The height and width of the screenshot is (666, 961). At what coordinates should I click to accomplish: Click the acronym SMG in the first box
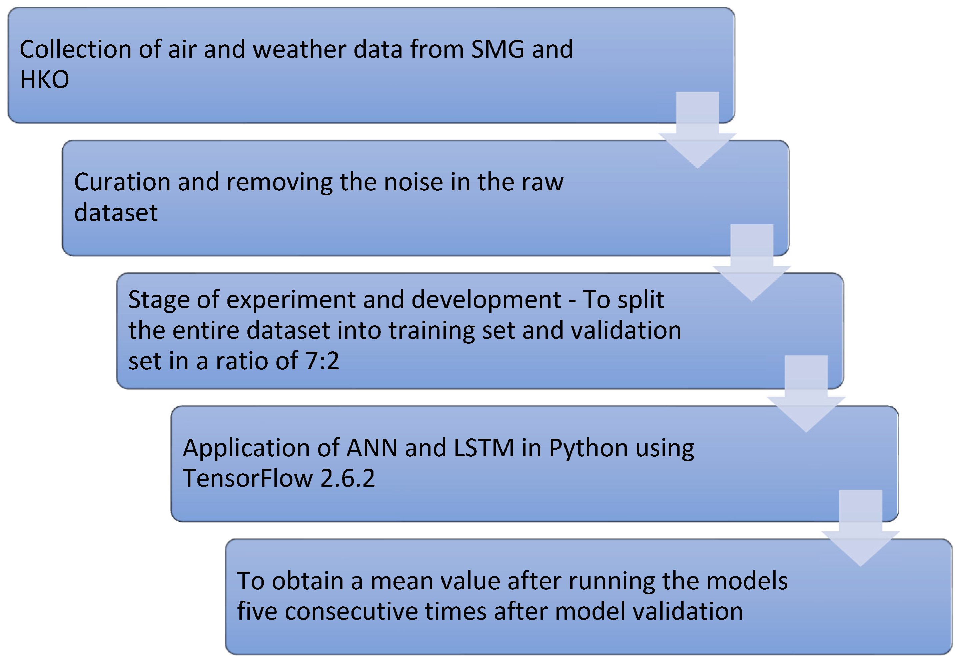[x=498, y=49]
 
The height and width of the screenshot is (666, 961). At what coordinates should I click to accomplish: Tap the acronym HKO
[x=45, y=79]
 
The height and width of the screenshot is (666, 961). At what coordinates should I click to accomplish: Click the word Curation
[x=122, y=182]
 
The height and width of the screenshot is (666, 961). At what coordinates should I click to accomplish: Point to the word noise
[x=413, y=182]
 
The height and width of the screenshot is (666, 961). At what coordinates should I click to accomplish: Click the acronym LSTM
[x=484, y=448]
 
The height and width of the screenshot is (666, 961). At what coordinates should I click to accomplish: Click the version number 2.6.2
[x=348, y=478]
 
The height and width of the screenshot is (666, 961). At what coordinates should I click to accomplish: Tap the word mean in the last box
[x=401, y=581]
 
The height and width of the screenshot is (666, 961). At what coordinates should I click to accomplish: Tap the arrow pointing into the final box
[x=860, y=528]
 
